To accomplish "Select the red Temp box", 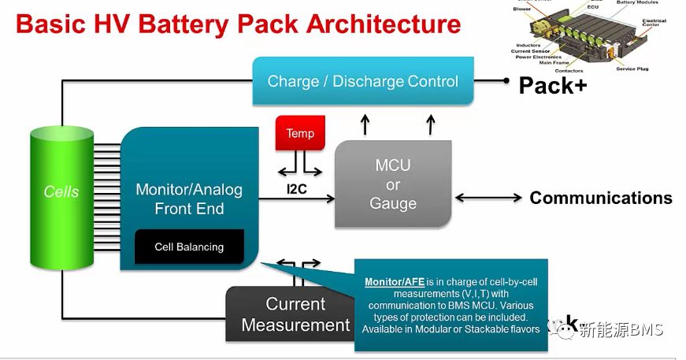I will point(299,134).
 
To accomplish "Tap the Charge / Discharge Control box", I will point(362,81).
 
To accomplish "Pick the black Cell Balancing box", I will point(189,247).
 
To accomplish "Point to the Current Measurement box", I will point(291,314).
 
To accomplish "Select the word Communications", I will point(600,198).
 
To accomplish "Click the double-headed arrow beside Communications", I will point(488,198).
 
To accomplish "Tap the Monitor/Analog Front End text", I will point(189,199).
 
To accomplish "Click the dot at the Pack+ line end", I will point(505,80).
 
